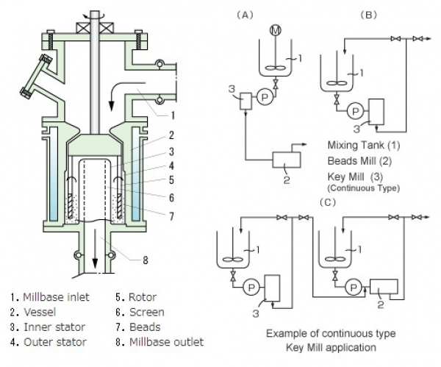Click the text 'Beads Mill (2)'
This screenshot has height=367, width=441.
coord(362,160)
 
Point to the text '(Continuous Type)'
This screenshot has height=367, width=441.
coord(363,188)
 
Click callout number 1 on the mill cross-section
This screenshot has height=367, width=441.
coord(171,114)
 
